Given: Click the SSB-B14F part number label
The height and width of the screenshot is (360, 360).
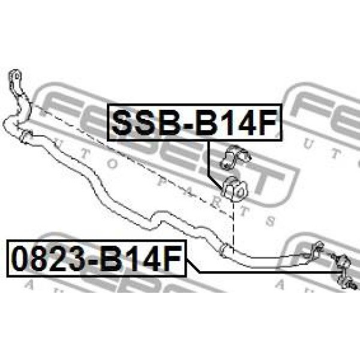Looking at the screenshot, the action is [194, 122].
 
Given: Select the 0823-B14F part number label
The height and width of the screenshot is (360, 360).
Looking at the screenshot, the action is [97, 258].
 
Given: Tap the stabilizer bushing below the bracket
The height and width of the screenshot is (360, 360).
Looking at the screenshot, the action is [235, 189].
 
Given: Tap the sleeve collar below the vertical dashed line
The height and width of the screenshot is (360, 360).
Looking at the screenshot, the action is [224, 250].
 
